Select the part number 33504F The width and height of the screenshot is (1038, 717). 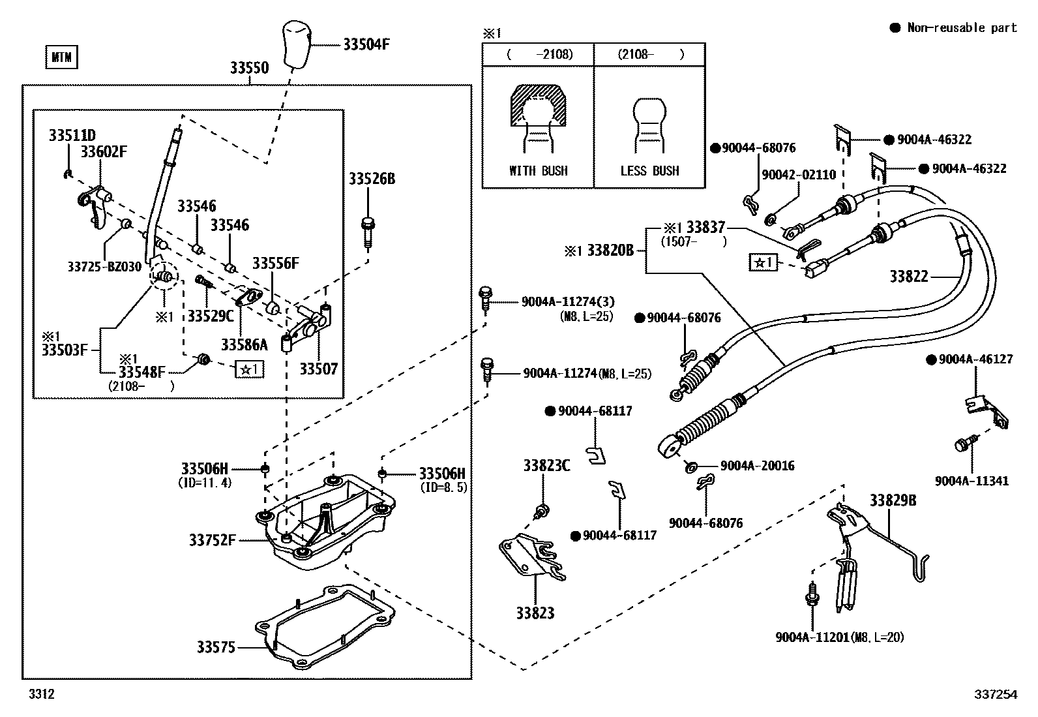(366, 44)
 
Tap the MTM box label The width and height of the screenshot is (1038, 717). (61, 58)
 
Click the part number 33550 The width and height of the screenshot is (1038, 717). (248, 68)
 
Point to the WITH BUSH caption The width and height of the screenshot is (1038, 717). (538, 171)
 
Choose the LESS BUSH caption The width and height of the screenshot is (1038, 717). (649, 171)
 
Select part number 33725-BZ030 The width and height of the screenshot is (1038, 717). (104, 266)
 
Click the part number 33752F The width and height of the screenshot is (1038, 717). (212, 540)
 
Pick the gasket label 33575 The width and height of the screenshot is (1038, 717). (216, 647)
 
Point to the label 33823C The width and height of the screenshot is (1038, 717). (546, 466)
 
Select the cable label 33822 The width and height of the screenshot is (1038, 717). (909, 277)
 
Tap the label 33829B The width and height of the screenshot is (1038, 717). (893, 500)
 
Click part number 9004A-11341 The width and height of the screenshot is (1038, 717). (971, 481)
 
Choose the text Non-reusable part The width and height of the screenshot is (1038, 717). (962, 27)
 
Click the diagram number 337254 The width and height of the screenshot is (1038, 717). (996, 695)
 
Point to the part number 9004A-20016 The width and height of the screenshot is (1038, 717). (757, 466)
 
